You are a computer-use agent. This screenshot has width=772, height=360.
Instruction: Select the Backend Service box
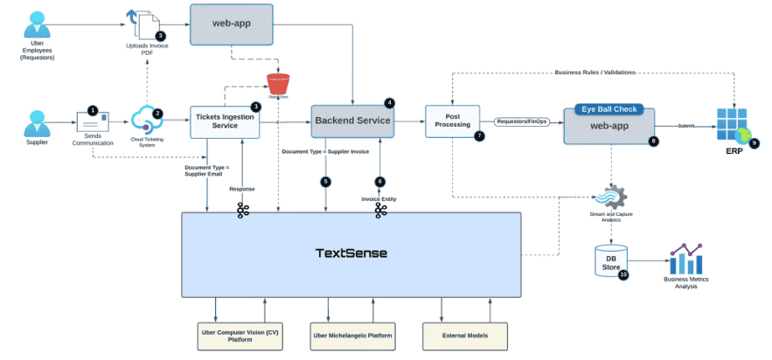352,121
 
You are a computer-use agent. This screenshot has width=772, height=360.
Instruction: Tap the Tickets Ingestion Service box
226,122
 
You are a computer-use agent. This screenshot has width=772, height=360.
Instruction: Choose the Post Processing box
449,122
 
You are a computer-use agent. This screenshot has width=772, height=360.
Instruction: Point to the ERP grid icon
732,126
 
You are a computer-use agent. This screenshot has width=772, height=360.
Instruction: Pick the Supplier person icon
37,122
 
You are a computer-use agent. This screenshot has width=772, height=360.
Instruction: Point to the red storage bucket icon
278,84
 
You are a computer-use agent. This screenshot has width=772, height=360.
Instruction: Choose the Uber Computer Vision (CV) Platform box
238,335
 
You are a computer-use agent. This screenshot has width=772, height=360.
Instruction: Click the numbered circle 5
325,182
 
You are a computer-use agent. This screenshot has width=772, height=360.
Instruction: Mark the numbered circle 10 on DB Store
623,274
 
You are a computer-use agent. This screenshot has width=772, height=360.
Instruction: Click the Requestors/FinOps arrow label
522,122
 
